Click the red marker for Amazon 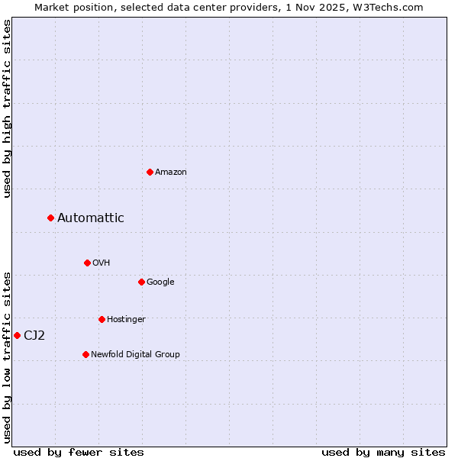[150, 172]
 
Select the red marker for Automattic [50, 218]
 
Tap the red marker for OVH [87, 263]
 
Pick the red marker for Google [141, 282]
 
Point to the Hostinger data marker [102, 319]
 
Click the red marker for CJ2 [17, 335]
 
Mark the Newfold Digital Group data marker [85, 354]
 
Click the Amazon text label [171, 173]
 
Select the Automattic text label [91, 218]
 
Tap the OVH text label [102, 263]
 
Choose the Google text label [160, 282]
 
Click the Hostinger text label [126, 320]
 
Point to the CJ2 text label [34, 336]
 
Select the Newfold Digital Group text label [135, 355]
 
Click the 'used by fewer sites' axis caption [79, 453]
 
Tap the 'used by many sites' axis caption [383, 453]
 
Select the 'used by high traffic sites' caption [7, 108]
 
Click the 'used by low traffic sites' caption [7, 357]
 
